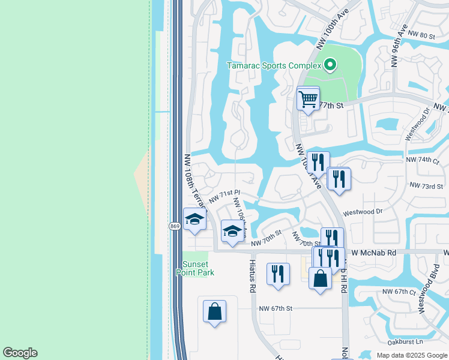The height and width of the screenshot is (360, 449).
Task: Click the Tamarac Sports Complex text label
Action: [x=274, y=65]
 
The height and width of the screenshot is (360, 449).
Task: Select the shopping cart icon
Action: [x=308, y=99]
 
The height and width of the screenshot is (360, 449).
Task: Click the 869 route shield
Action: [x=174, y=226]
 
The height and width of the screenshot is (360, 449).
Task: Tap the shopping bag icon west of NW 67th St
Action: [x=214, y=311]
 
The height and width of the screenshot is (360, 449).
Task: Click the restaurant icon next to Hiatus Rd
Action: [x=277, y=274]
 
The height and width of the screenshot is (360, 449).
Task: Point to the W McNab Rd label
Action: [x=374, y=253]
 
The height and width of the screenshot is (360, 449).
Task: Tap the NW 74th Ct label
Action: [x=423, y=160]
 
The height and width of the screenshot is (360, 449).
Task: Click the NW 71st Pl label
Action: [x=224, y=197]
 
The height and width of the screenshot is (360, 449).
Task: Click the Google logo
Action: [x=20, y=353]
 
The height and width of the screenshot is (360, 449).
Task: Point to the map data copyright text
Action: [x=411, y=355]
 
